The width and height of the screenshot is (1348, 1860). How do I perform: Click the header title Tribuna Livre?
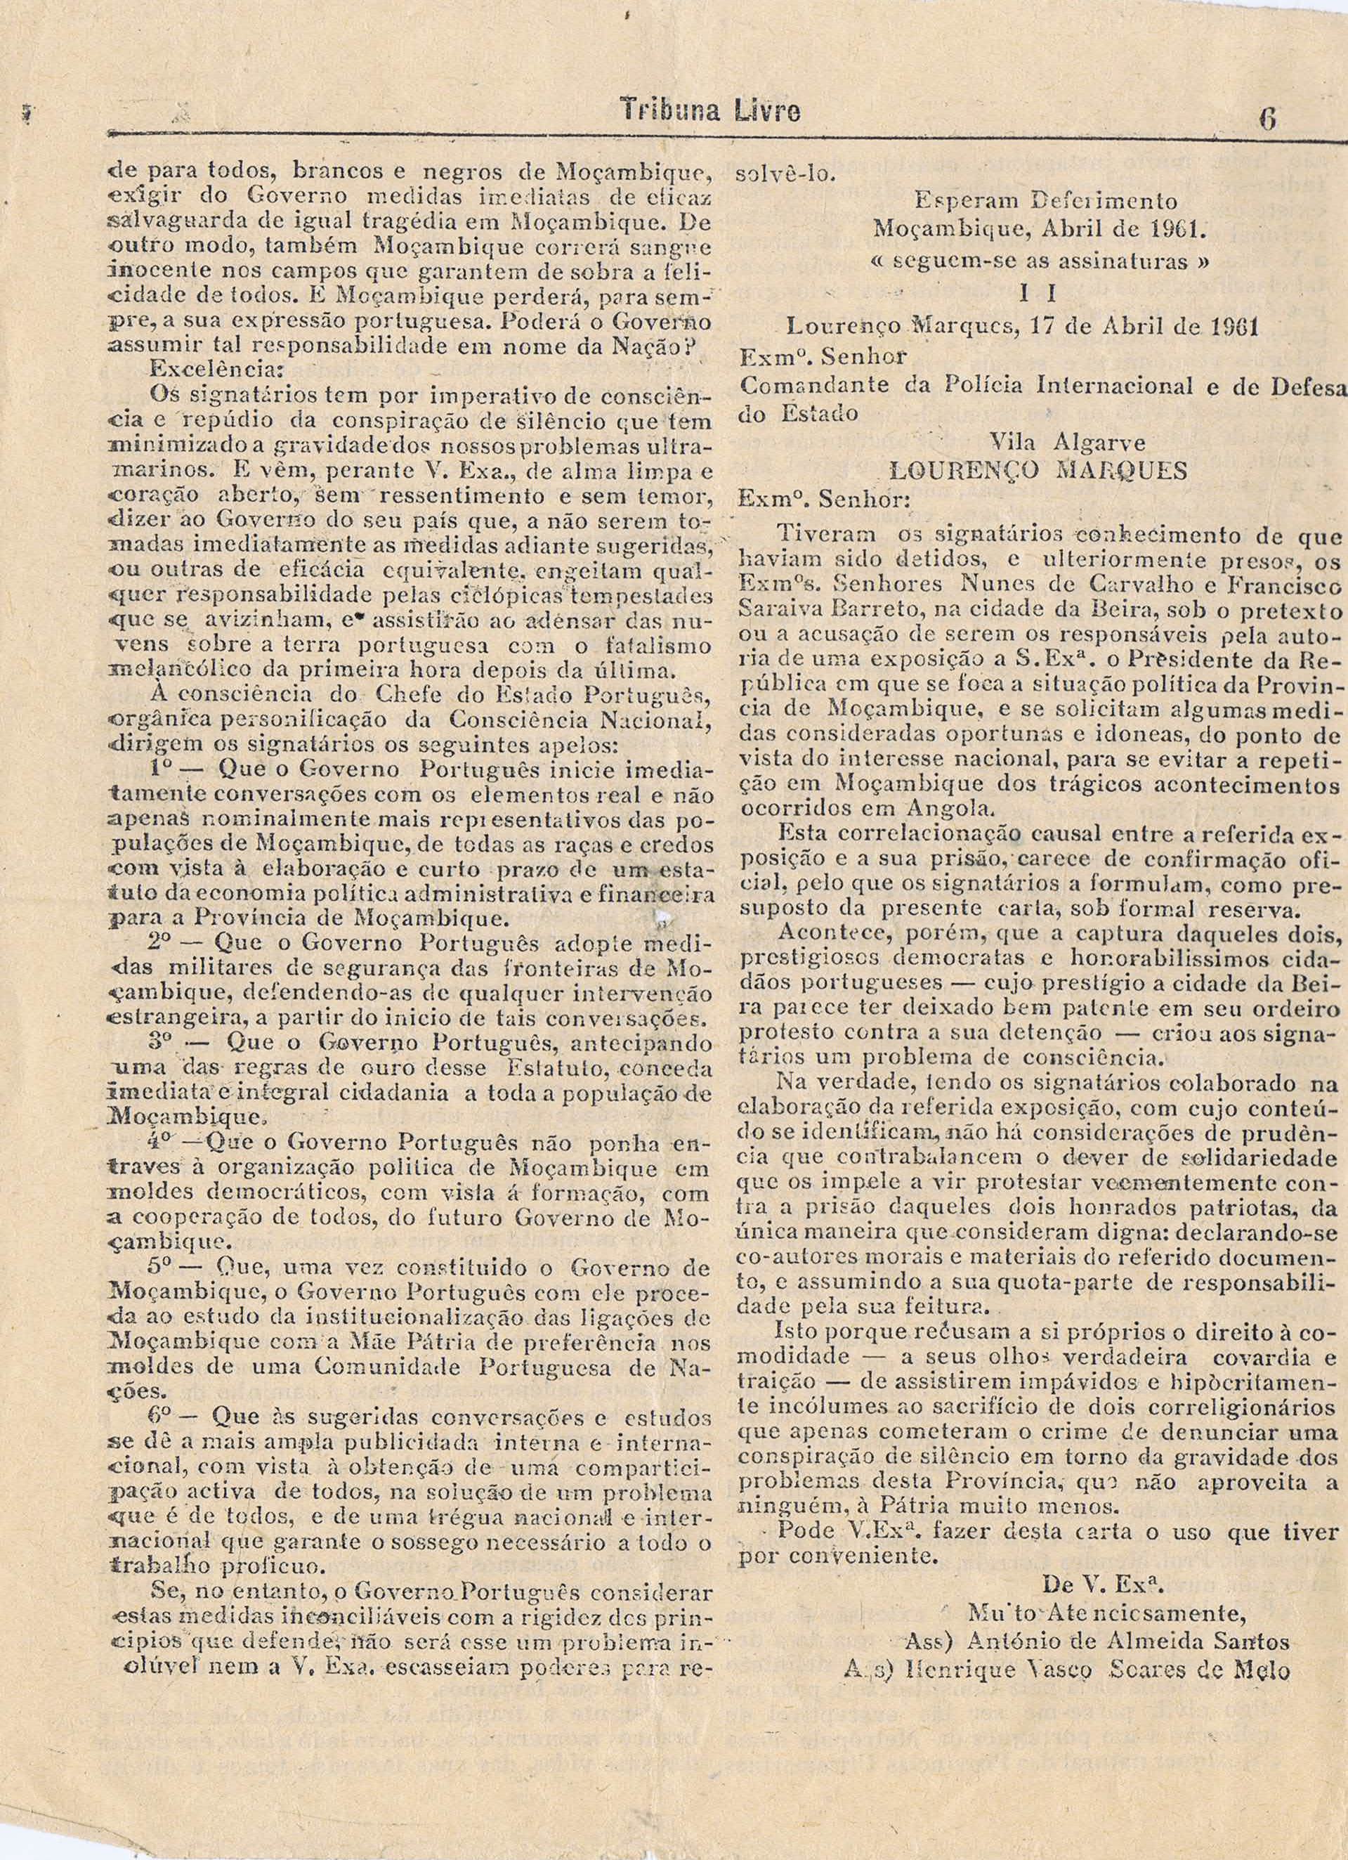(710, 111)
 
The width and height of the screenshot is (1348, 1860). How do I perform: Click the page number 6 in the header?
(1268, 119)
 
